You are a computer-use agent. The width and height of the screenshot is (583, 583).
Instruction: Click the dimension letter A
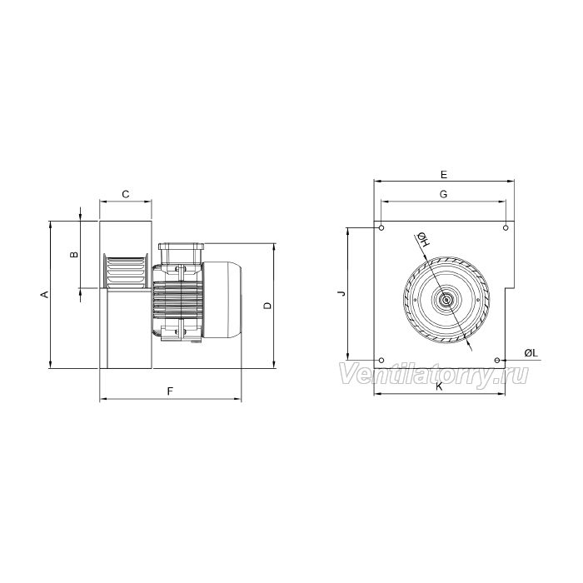point(45,295)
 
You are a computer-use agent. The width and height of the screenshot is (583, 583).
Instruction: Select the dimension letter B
point(75,255)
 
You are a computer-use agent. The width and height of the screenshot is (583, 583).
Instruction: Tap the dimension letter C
point(126,194)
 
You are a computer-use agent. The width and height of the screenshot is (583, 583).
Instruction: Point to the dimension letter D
point(267,306)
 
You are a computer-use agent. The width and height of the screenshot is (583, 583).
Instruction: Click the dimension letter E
point(444,174)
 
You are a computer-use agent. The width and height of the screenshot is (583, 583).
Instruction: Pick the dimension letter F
point(170,391)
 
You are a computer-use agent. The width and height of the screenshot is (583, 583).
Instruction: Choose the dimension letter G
point(444,194)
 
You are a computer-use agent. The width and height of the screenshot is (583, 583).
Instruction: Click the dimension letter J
point(341,294)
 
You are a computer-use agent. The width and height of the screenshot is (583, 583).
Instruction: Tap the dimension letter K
point(439,386)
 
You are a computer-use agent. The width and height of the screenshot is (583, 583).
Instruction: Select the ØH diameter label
point(423,240)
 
